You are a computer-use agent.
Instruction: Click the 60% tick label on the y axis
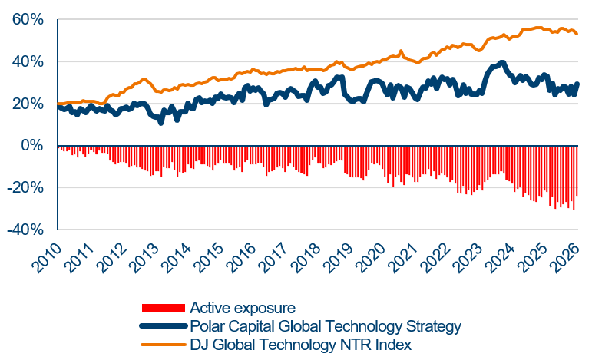28,20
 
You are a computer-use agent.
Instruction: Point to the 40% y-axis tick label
28,62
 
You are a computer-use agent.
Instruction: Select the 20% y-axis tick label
28,104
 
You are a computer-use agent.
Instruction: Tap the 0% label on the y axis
35,146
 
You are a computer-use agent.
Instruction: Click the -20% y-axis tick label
26,188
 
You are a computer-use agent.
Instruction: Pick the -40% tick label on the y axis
26,230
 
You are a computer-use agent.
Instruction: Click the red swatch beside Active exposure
163,308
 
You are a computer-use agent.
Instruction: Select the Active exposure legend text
243,308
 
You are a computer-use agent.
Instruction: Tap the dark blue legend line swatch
163,326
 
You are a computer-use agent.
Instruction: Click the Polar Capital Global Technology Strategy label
326,326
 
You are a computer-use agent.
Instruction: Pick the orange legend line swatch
163,345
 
